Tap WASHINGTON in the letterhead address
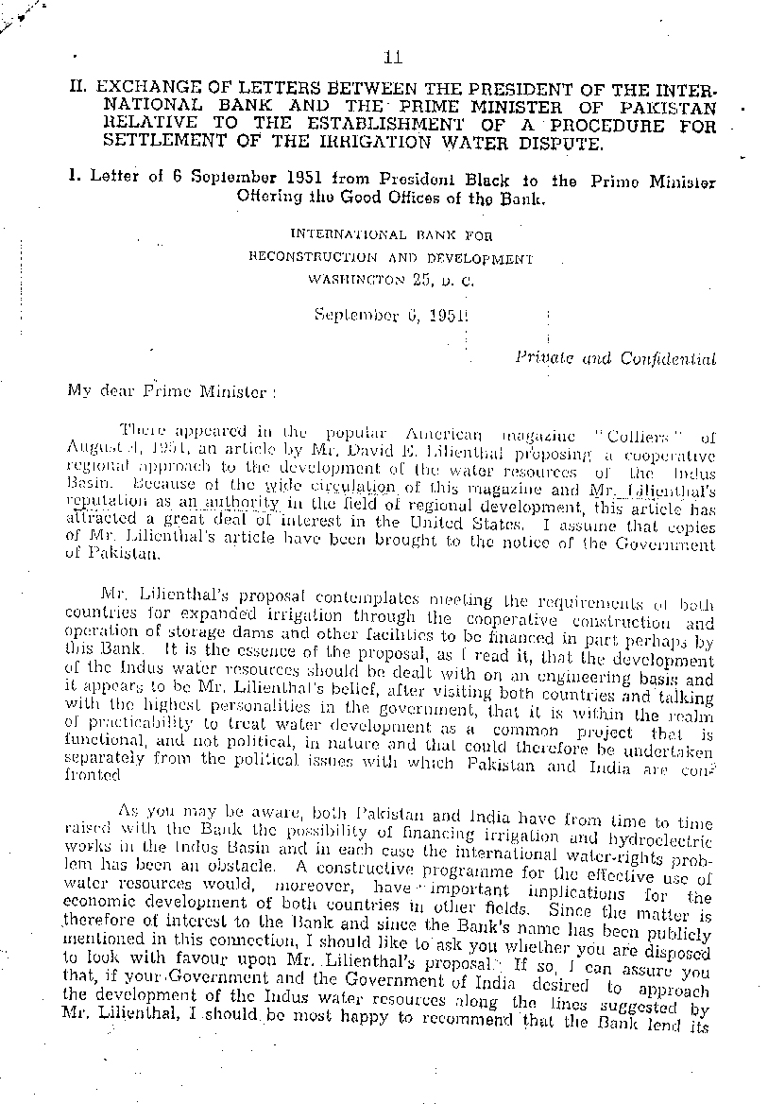pyautogui.click(x=354, y=279)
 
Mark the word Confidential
pyautogui.click(x=669, y=358)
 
